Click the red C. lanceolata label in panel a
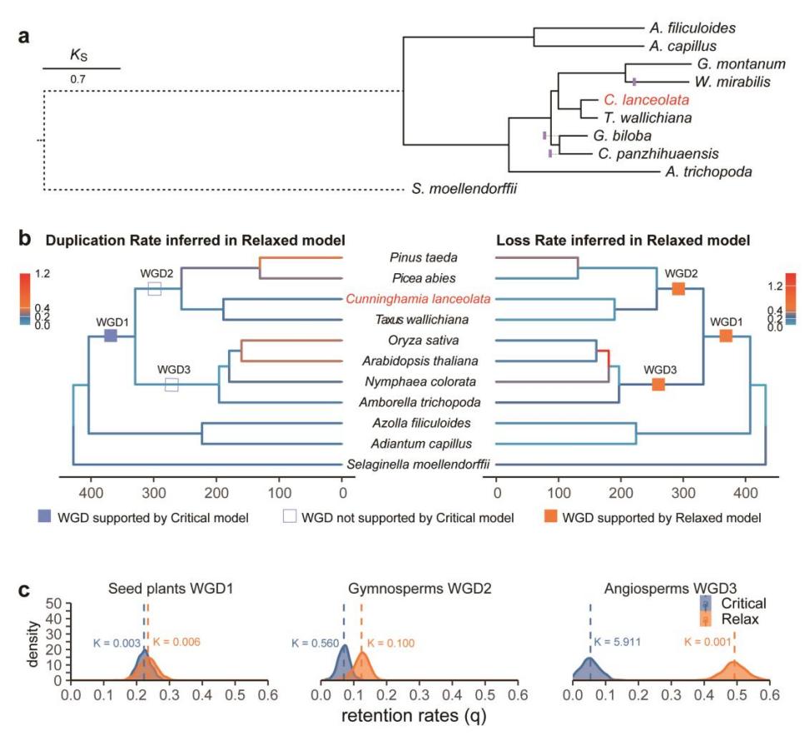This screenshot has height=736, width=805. click(x=646, y=100)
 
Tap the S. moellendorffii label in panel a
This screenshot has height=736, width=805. click(x=465, y=189)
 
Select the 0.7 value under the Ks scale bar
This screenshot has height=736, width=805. click(x=78, y=79)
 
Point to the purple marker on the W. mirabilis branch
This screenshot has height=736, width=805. click(x=634, y=82)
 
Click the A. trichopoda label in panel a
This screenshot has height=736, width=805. click(x=708, y=172)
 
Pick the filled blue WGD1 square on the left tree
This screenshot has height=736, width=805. click(x=111, y=336)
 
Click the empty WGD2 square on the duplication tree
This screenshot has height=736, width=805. click(x=155, y=288)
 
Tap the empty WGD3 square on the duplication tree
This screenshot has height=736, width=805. click(x=171, y=385)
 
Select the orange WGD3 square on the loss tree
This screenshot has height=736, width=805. click(x=658, y=384)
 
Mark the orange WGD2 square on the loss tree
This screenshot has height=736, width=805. click(x=678, y=289)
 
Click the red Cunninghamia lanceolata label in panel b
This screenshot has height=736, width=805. click(x=418, y=299)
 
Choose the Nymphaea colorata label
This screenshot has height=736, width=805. click(x=420, y=381)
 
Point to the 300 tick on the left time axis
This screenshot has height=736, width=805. click(x=153, y=493)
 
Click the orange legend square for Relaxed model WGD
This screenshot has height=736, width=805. click(x=551, y=516)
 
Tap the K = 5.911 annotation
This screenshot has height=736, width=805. click(x=618, y=641)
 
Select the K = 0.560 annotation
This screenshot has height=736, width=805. click(x=316, y=643)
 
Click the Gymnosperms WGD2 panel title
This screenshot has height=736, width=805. click(x=420, y=588)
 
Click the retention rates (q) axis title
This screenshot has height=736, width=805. click(x=414, y=715)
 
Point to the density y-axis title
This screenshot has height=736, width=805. click(x=33, y=644)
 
